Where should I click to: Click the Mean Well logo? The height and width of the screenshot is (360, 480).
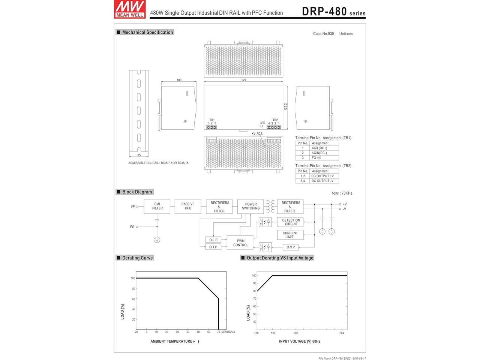coord(130,9)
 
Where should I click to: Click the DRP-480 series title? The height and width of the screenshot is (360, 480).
coord(333,12)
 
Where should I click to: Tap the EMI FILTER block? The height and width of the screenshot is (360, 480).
coord(157,206)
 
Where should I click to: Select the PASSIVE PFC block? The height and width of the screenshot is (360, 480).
coord(188,206)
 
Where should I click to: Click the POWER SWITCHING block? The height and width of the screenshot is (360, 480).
coord(250,206)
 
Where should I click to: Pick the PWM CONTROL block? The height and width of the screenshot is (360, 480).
coord(240,243)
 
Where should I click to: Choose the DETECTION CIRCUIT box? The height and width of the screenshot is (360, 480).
coord(290,222)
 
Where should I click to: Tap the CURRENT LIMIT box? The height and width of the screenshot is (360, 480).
coord(290,235)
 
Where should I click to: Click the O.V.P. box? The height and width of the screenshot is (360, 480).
coord(291,247)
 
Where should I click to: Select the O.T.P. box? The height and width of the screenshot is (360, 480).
coord(213,247)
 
